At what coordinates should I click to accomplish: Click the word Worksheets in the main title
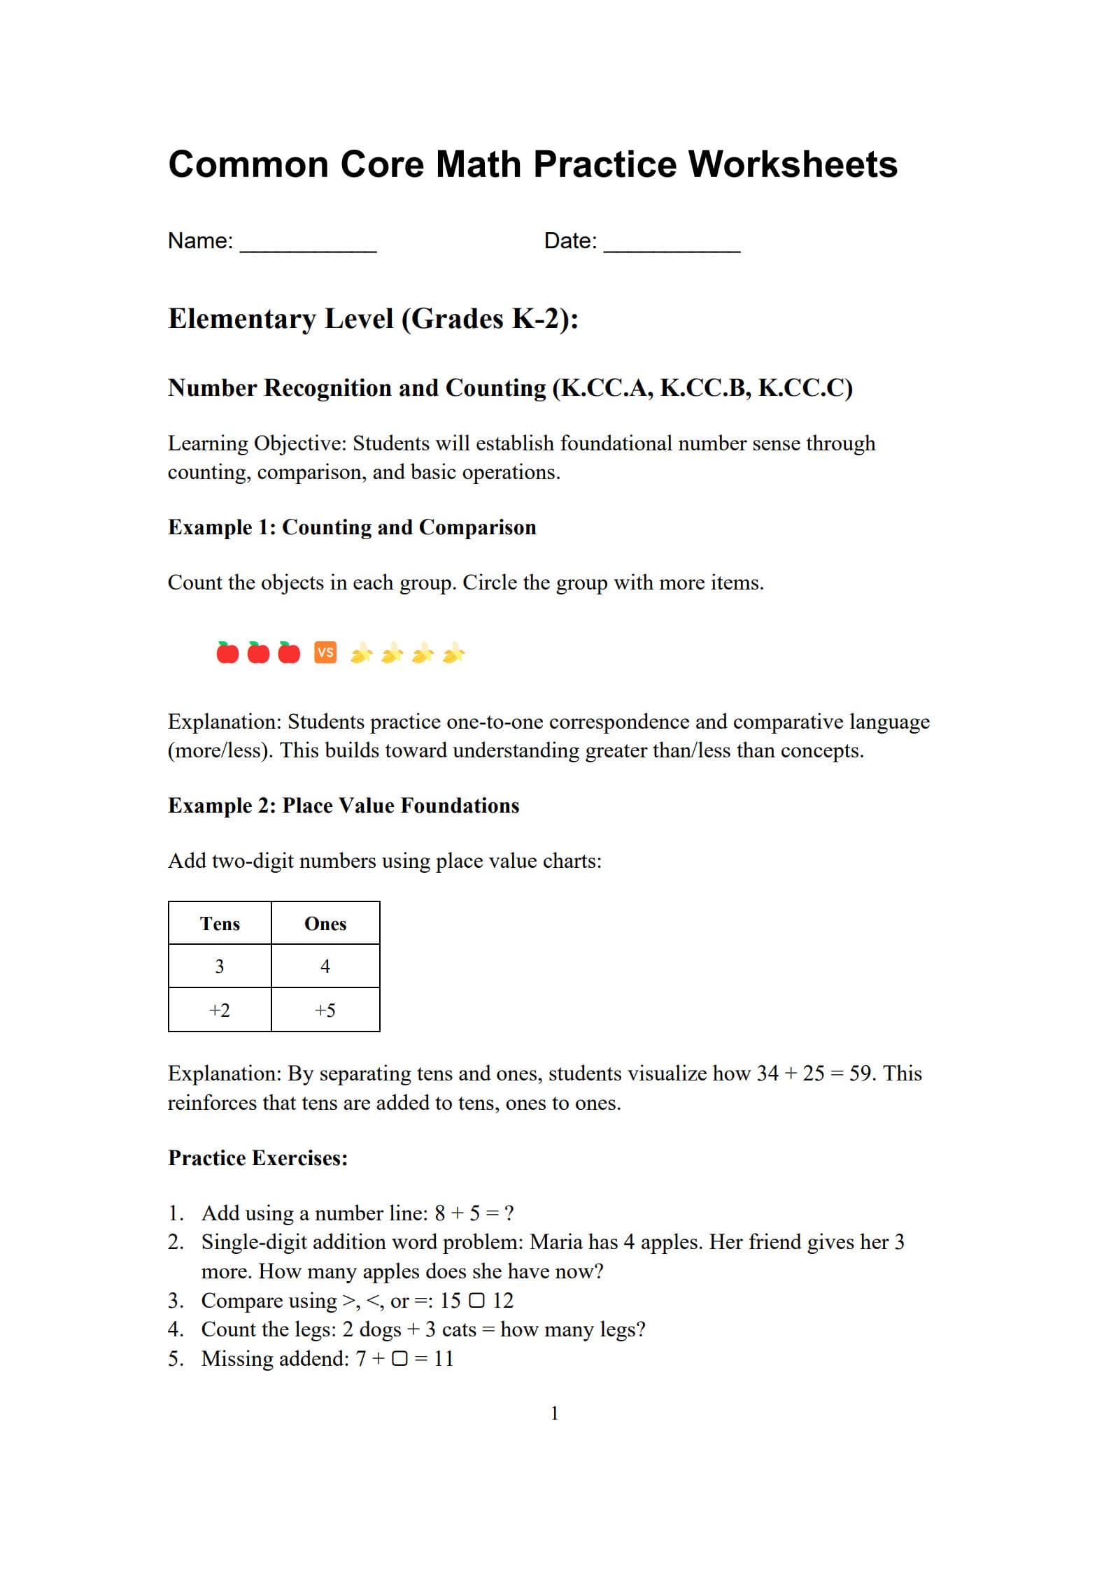tap(793, 165)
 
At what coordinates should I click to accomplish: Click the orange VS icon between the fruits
tap(325, 652)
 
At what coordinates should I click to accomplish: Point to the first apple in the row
tap(227, 652)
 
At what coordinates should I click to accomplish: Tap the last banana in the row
tap(453, 653)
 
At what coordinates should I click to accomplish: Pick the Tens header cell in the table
tap(220, 923)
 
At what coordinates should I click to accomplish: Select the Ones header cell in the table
tap(325, 923)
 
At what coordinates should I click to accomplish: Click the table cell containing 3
tap(220, 966)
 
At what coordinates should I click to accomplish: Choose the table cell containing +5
tap(325, 1010)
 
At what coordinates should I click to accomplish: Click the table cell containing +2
tap(220, 1010)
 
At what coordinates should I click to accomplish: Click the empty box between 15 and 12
tap(476, 1301)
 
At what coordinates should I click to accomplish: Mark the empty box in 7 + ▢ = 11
tap(399, 1359)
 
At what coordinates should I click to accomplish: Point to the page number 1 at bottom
tap(555, 1413)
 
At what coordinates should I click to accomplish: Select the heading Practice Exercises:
tap(258, 1158)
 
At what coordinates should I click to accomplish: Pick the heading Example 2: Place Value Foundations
tap(344, 806)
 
